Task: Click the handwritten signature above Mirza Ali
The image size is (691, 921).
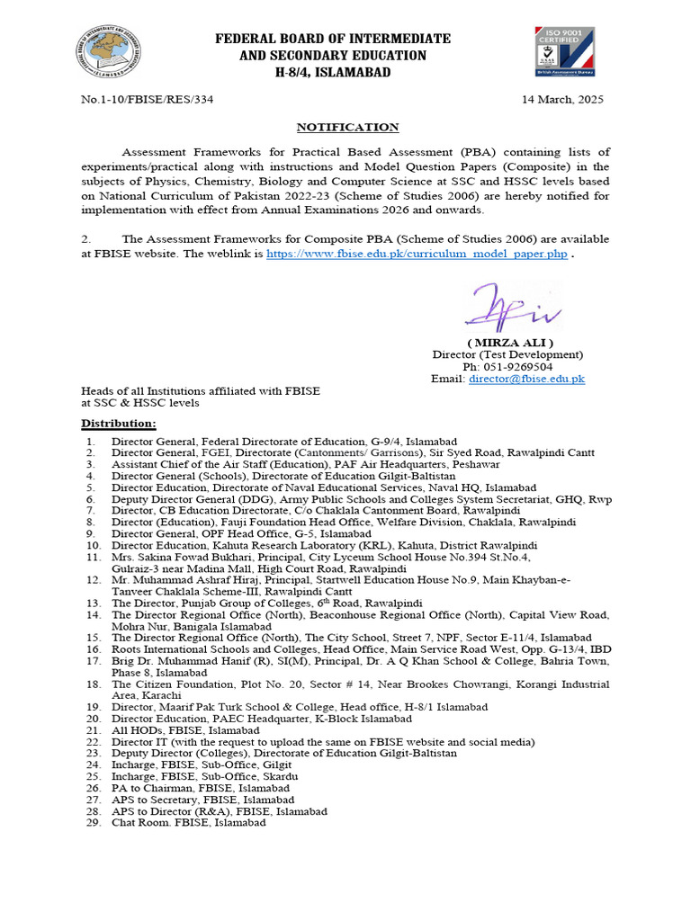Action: point(509,308)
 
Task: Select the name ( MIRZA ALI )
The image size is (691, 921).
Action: point(509,343)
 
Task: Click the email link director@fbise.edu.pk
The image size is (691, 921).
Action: point(526,379)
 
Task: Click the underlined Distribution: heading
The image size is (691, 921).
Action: point(119,423)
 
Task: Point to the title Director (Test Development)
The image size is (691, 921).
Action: point(508,355)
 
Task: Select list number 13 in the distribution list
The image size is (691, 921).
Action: point(91,603)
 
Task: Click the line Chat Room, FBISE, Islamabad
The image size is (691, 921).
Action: point(189,822)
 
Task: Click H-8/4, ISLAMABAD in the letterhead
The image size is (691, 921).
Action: point(332,72)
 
